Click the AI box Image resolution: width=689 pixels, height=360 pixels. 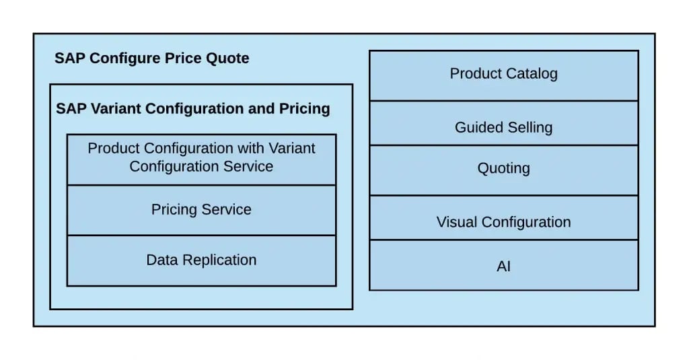click(503, 266)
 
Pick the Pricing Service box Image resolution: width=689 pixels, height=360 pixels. click(201, 210)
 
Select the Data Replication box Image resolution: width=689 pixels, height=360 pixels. click(201, 260)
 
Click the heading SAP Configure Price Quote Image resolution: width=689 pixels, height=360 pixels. click(152, 59)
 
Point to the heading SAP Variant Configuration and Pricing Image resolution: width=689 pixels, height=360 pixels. click(192, 108)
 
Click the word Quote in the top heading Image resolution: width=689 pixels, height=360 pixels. click(228, 59)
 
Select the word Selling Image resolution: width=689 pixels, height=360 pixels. click(528, 128)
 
